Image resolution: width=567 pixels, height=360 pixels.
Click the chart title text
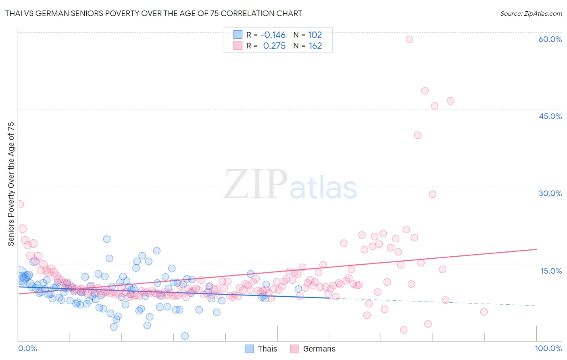pos(154,13)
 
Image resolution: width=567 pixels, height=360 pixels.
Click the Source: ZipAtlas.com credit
pos(531,13)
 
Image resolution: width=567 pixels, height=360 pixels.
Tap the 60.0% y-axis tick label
pos(550,39)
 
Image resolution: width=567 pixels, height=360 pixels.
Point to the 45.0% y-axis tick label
pos(550,116)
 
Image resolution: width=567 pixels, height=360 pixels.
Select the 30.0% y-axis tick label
pos(550,193)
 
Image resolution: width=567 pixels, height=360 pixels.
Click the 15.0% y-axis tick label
pos(551,270)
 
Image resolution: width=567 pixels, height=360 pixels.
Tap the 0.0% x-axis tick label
pos(27,348)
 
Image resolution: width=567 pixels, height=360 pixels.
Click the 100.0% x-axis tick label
pos(548,348)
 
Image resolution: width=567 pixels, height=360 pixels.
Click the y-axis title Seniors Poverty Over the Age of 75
pos(11,184)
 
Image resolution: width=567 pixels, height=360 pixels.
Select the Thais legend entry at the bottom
pos(261,349)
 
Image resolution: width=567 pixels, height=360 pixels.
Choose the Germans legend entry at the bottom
pos(313,349)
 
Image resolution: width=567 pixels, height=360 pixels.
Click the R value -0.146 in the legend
pos(273,35)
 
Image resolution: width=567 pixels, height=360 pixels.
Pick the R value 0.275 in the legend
pos(274,46)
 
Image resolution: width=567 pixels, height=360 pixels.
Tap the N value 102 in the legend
pos(315,35)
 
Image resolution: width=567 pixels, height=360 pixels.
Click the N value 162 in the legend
pos(315,46)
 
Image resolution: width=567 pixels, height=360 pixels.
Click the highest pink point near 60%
pos(409,39)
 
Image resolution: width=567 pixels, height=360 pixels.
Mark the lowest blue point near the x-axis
pos(185,336)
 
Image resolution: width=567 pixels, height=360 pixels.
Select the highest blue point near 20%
pos(107,239)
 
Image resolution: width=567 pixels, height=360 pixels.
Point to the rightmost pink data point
pos(484,312)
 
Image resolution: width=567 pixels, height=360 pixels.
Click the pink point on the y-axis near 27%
pos(20,204)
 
